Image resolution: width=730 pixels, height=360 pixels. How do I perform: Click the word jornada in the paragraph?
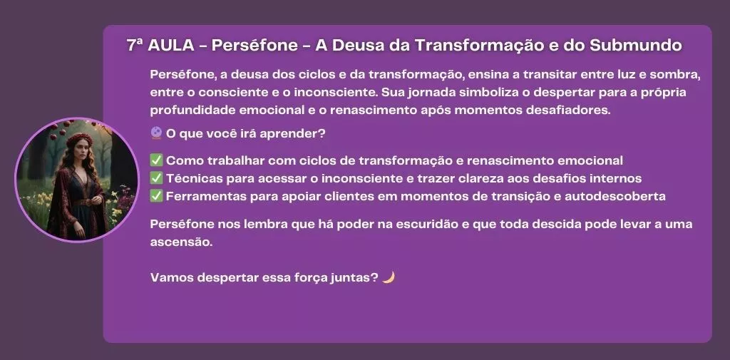click(431, 92)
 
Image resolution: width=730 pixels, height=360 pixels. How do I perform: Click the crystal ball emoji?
click(156, 133)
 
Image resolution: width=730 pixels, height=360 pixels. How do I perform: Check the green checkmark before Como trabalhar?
click(156, 160)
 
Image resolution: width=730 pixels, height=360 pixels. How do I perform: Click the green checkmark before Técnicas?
click(156, 178)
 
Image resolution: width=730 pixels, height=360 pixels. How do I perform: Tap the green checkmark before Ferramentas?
click(156, 196)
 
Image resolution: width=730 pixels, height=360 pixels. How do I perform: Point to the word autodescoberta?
click(615, 196)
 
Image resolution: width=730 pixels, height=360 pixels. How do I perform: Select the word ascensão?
click(181, 242)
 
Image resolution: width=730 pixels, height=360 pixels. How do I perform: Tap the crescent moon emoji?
click(389, 277)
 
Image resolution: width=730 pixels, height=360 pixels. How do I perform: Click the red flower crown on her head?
click(80, 138)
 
